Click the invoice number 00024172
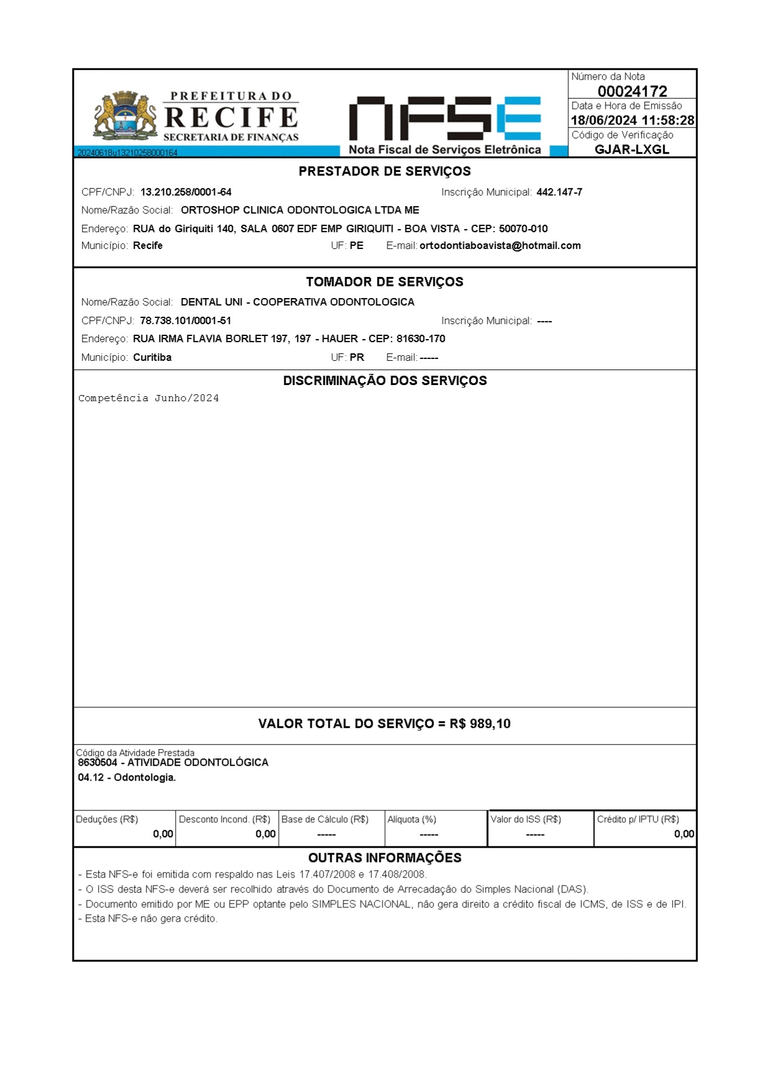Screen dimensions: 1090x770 [632, 91]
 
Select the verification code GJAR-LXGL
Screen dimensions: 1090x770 [632, 149]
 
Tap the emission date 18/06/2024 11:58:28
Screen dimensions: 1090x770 [632, 120]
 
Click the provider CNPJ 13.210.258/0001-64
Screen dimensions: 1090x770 [186, 193]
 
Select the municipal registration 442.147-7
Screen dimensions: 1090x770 [559, 193]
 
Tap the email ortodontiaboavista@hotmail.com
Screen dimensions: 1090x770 [500, 246]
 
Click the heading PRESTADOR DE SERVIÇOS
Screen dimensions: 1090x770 [384, 171]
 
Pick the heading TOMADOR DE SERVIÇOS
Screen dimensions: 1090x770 [384, 282]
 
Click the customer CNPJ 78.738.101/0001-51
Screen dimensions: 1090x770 [185, 321]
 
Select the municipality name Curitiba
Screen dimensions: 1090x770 [152, 358]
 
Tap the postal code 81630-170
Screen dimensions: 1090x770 [420, 339]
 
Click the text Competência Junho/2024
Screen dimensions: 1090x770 [148, 398]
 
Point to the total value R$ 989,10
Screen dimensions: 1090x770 [480, 724]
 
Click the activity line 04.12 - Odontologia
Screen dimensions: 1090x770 [127, 778]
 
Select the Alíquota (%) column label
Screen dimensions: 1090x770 [412, 820]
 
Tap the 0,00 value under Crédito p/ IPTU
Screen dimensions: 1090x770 [684, 834]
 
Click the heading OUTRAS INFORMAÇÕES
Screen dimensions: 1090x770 [384, 858]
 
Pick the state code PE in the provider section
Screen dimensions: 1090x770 [356, 246]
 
